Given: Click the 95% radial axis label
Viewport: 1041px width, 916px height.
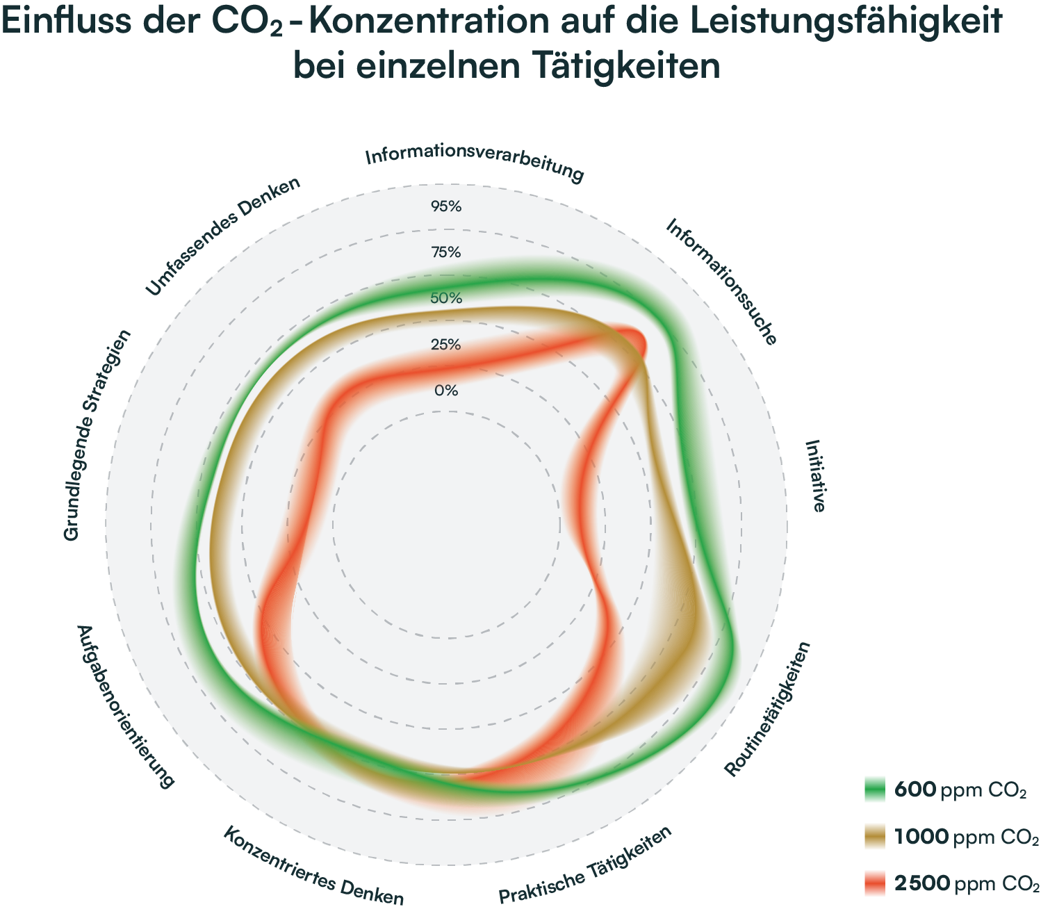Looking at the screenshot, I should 446,206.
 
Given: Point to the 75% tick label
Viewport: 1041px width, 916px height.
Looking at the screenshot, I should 446,252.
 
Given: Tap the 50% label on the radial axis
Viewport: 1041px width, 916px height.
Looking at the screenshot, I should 446,298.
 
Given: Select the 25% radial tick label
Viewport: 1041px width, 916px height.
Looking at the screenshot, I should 446,345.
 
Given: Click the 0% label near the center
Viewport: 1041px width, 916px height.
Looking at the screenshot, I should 446,391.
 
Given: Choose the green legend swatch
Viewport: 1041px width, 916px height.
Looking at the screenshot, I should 879,799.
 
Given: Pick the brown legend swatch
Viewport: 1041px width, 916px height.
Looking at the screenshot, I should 879,846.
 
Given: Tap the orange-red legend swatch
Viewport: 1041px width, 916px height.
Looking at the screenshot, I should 879,890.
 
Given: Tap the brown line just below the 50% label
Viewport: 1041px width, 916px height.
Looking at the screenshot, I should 446,311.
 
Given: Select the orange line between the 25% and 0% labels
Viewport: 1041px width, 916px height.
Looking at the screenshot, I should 446,369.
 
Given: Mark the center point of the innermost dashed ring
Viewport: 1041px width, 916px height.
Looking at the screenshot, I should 446,525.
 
